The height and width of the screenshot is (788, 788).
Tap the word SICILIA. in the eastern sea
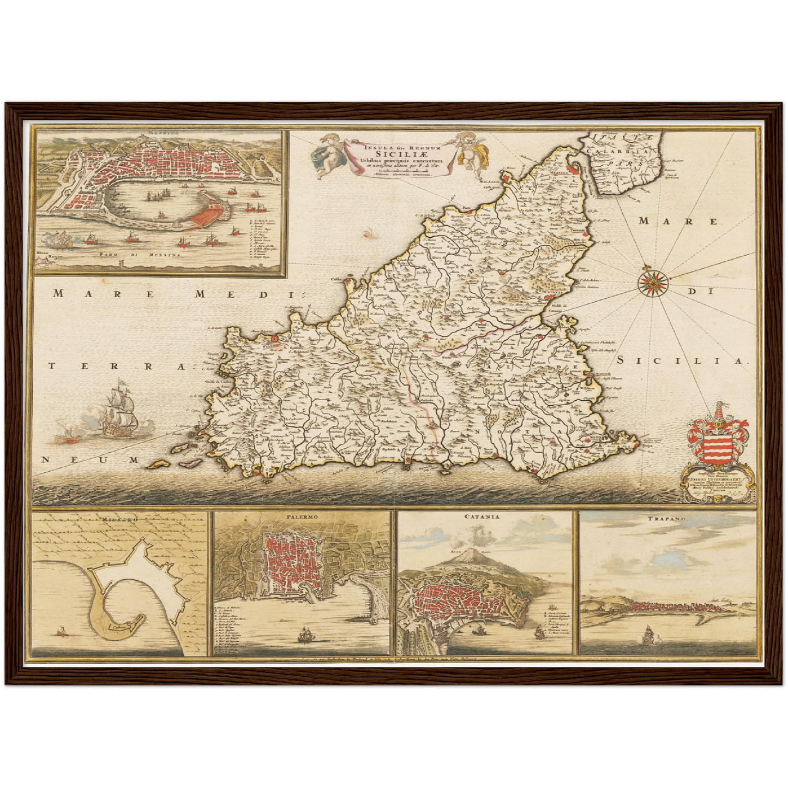(681, 361)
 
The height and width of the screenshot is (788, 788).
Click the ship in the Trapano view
(648, 634)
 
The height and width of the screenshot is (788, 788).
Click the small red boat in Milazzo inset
(62, 633)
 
